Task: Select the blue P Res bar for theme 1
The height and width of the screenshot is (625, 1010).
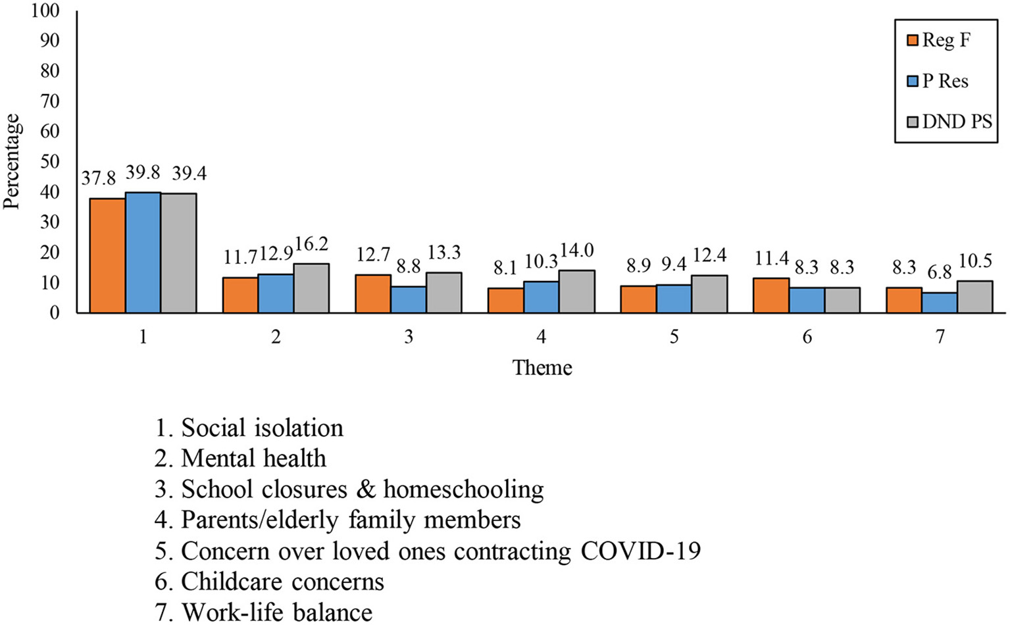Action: [x=143, y=253]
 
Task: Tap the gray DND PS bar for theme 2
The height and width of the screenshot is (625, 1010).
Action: [x=311, y=288]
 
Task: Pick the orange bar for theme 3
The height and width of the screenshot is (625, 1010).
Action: [x=373, y=293]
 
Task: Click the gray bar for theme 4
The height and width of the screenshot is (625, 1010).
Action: [x=577, y=291]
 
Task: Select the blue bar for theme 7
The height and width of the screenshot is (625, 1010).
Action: [x=940, y=302]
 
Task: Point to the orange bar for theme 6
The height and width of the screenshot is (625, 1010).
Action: [x=771, y=295]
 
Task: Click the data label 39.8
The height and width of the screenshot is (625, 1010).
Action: [x=143, y=172]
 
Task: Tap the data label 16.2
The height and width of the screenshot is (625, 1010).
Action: [x=311, y=245]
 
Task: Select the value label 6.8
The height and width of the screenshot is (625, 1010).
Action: [x=939, y=272]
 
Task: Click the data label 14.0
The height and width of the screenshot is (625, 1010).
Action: [x=577, y=251]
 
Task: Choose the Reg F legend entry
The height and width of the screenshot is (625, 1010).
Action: [x=939, y=40]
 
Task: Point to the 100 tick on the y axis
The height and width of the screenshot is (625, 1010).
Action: [x=45, y=11]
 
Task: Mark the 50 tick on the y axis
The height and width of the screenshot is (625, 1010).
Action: [x=49, y=162]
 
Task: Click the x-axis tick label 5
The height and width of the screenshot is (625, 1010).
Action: [x=674, y=337]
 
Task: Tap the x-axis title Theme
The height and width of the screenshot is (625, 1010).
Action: [x=542, y=367]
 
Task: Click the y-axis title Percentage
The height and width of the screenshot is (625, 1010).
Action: [x=12, y=162]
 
